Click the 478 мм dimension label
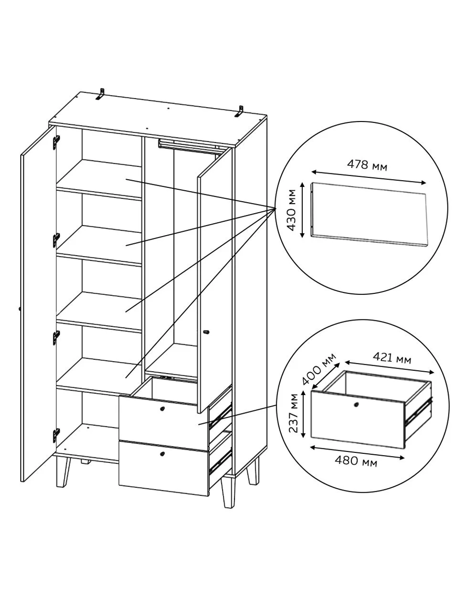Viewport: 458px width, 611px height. click(x=367, y=165)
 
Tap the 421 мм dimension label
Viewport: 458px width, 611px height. click(x=392, y=358)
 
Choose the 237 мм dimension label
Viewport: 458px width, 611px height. click(x=294, y=413)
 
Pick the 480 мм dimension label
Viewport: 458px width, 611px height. click(x=356, y=461)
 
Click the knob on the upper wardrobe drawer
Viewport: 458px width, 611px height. click(x=162, y=408)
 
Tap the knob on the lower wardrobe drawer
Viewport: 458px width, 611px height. click(x=162, y=454)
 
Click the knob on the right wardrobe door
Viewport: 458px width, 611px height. click(x=207, y=332)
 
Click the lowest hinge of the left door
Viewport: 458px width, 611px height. click(x=56, y=435)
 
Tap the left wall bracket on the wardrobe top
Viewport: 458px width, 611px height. click(x=101, y=94)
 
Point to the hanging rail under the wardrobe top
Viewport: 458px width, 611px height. click(x=190, y=146)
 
